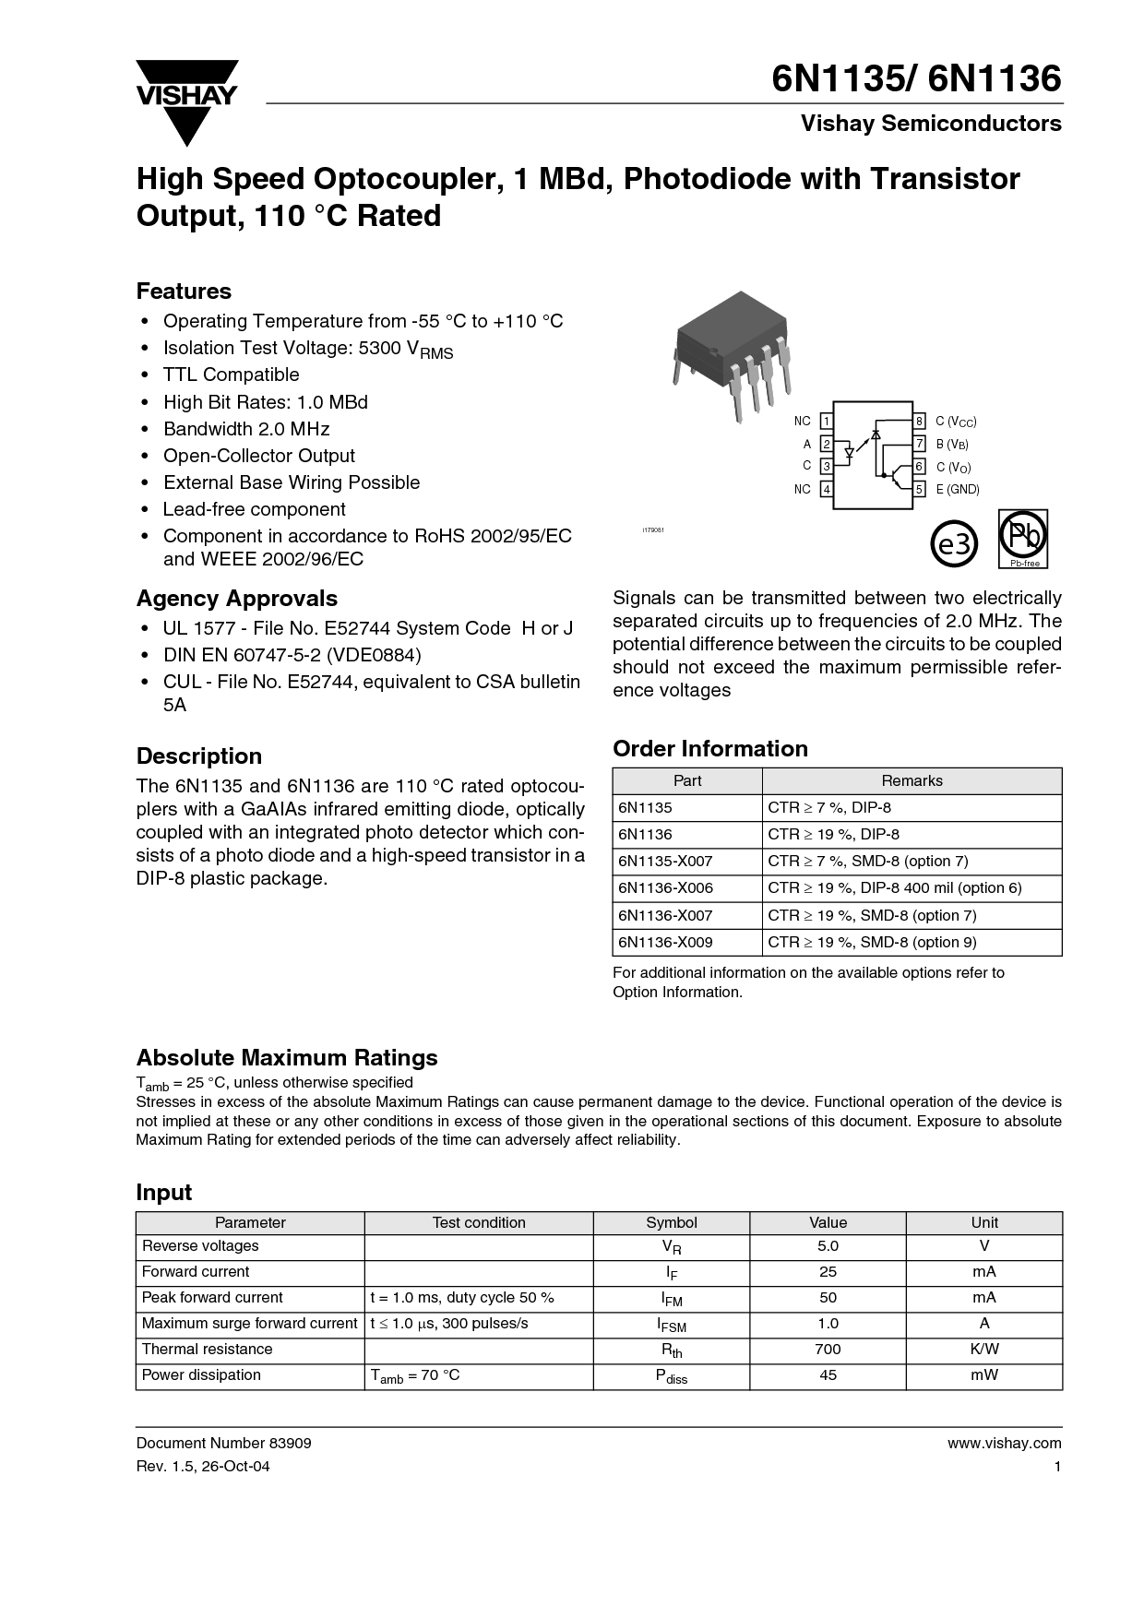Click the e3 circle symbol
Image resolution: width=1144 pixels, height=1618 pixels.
tap(956, 545)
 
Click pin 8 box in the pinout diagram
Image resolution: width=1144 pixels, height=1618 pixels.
tap(919, 422)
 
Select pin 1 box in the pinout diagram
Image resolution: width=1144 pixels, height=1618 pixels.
tap(827, 422)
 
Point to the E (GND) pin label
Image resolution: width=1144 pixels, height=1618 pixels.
tap(957, 489)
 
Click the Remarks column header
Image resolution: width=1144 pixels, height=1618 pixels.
tap(912, 780)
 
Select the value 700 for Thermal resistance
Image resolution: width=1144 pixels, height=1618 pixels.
tap(828, 1349)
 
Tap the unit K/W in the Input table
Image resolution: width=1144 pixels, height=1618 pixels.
tap(983, 1349)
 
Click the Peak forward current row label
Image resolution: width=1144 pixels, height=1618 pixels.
tap(212, 1297)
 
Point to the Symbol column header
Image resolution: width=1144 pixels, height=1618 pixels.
tap(671, 1222)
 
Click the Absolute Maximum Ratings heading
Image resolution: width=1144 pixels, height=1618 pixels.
tap(287, 1057)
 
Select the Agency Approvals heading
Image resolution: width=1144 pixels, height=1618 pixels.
tap(237, 598)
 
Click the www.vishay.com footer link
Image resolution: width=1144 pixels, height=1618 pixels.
tap(1004, 1444)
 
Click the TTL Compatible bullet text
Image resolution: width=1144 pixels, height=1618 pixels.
tap(231, 375)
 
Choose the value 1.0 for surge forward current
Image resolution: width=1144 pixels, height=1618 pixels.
tap(828, 1323)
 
